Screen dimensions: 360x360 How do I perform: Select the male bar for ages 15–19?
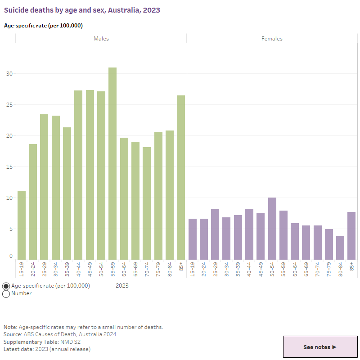coord(21,225)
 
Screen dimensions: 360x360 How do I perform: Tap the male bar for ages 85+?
coord(181,177)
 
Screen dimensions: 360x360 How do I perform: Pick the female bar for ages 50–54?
coord(272,229)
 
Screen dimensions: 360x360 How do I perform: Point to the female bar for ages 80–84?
coord(340,248)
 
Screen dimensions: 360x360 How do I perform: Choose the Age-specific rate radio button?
coord(6,286)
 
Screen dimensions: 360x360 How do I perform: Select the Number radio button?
coord(6,294)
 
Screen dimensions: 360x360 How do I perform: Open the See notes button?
coord(320,347)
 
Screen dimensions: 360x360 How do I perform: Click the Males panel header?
coord(101,39)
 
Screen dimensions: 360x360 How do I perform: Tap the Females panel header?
coord(272,39)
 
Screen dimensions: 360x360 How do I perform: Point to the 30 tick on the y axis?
coord(9,74)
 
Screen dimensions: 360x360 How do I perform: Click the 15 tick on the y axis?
coord(9,167)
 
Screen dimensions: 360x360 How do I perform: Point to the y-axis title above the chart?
coord(43,26)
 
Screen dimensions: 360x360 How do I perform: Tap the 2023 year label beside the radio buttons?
coord(122,286)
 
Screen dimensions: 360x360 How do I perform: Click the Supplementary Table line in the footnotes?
coord(42,342)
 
